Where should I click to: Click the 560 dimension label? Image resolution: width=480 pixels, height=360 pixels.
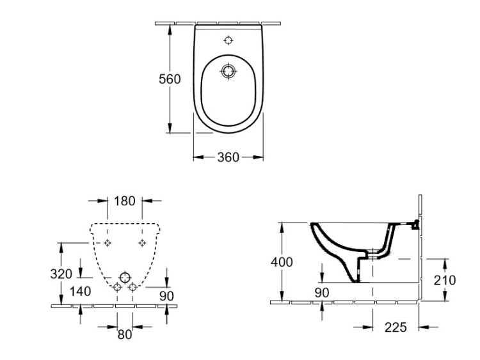[x=170, y=79]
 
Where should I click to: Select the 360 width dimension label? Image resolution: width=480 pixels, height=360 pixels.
[x=228, y=157]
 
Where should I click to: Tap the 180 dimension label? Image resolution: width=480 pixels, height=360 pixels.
[x=125, y=201]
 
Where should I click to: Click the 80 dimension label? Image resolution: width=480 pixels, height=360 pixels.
[x=124, y=333]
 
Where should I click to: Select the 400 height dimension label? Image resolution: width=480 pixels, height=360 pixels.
[x=282, y=262]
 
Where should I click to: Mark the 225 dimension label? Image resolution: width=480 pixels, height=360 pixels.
[x=395, y=327]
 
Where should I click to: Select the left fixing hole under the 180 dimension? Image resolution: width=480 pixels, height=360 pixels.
[x=108, y=243]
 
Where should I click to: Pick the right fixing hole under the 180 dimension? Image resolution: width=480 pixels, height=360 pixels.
[x=141, y=243]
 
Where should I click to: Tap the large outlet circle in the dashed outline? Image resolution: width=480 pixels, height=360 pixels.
[x=124, y=277]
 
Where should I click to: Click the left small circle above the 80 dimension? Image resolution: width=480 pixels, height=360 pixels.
[x=116, y=288]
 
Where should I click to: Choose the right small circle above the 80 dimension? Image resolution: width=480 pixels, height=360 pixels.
[x=132, y=288]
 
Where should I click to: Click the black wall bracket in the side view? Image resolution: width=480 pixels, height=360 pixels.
[x=416, y=224]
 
